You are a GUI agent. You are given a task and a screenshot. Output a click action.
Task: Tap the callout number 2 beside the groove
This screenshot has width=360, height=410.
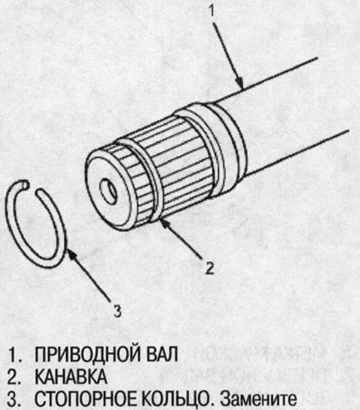[209, 266]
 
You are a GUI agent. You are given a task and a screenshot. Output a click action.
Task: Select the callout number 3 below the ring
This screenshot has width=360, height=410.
[117, 313]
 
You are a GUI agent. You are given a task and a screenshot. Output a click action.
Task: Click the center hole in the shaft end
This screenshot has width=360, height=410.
[109, 192]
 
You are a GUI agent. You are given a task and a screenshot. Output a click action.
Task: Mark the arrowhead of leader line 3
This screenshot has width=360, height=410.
[67, 255]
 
